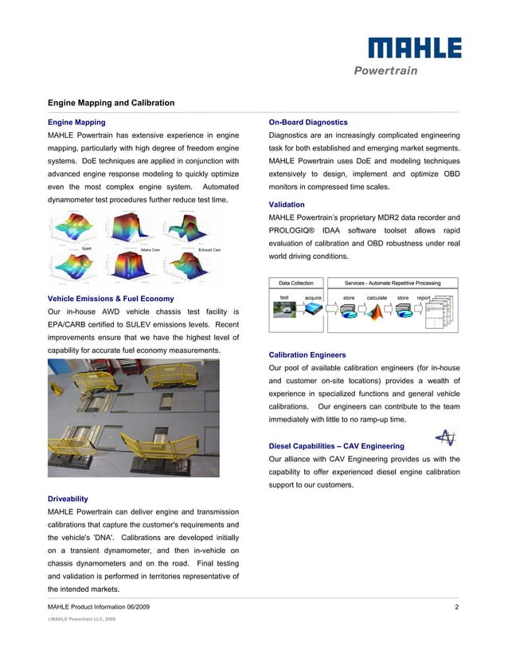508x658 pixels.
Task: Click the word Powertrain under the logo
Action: pyautogui.click(x=385, y=70)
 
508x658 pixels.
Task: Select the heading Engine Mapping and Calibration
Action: pyautogui.click(x=111, y=103)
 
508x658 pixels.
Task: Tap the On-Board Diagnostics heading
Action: pyautogui.click(x=308, y=123)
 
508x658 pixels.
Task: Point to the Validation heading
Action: pyautogui.click(x=287, y=205)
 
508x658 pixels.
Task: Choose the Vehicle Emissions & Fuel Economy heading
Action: pyautogui.click(x=111, y=299)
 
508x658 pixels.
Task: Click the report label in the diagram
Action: pyautogui.click(x=424, y=298)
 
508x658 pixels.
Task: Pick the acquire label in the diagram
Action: pyautogui.click(x=313, y=298)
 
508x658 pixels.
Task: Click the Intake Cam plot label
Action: pyautogui.click(x=151, y=250)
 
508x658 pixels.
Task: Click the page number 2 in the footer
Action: pyautogui.click(x=457, y=608)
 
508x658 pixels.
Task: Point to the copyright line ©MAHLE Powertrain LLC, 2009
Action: pyautogui.click(x=83, y=619)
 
